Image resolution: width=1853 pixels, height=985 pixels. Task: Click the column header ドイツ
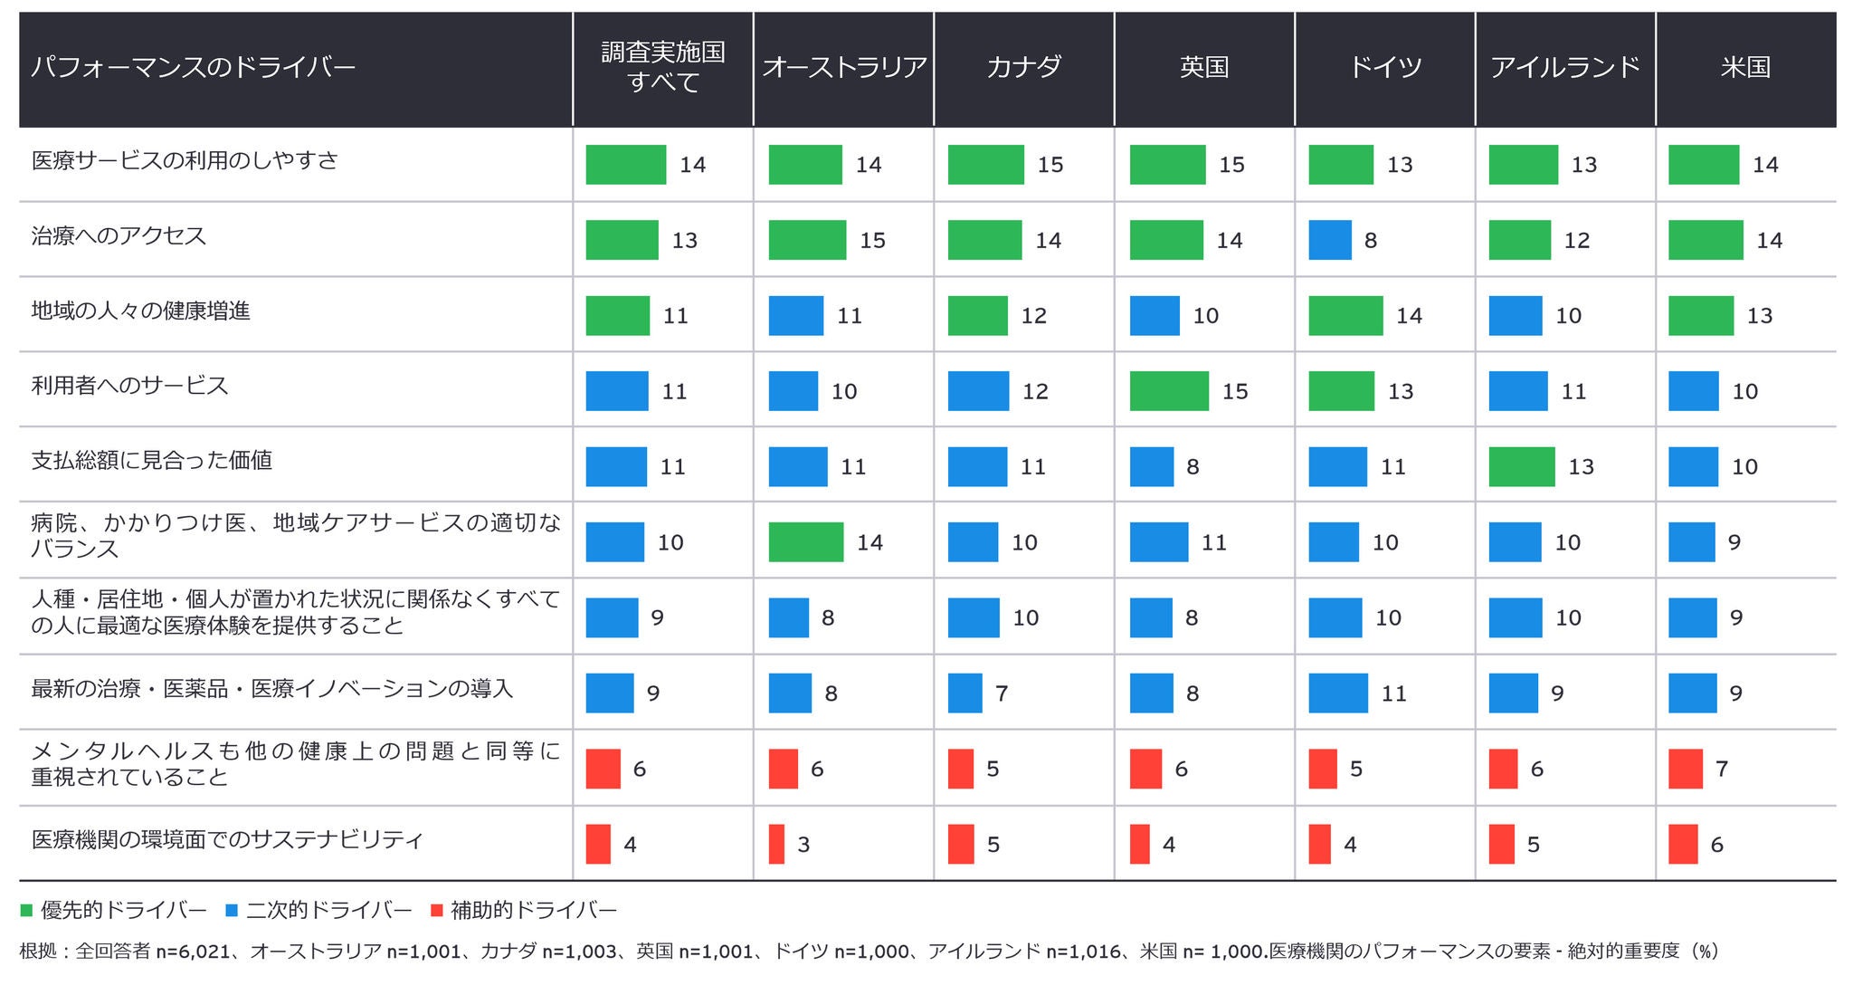1384,67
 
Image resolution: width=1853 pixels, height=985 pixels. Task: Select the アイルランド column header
1565,67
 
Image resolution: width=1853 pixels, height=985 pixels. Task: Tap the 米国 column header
1745,67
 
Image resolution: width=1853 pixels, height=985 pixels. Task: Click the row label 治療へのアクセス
119,236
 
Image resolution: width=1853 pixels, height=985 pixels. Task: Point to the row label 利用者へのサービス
129,386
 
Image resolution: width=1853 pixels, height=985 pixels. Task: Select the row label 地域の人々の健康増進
140,311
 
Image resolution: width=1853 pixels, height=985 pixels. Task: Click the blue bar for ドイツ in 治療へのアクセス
1330,240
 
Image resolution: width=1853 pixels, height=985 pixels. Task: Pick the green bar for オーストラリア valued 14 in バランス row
805,542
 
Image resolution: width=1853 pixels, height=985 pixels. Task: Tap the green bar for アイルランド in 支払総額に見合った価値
1522,466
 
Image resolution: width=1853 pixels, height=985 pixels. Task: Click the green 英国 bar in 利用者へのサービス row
1169,391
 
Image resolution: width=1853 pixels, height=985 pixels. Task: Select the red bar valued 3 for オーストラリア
776,844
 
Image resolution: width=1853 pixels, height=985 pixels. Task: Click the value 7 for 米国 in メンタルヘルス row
1722,769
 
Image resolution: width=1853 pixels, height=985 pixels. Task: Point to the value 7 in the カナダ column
1002,693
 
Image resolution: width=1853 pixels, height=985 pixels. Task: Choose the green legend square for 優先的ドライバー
26,910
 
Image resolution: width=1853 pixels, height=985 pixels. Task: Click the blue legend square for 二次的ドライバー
232,910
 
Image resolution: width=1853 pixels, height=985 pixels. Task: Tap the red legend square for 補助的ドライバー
436,910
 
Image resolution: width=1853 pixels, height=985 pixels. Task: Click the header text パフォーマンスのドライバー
193,67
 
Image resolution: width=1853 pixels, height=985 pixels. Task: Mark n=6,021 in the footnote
193,952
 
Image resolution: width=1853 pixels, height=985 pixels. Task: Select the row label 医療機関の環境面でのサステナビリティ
227,840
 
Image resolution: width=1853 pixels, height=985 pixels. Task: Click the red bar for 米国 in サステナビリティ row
1683,844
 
